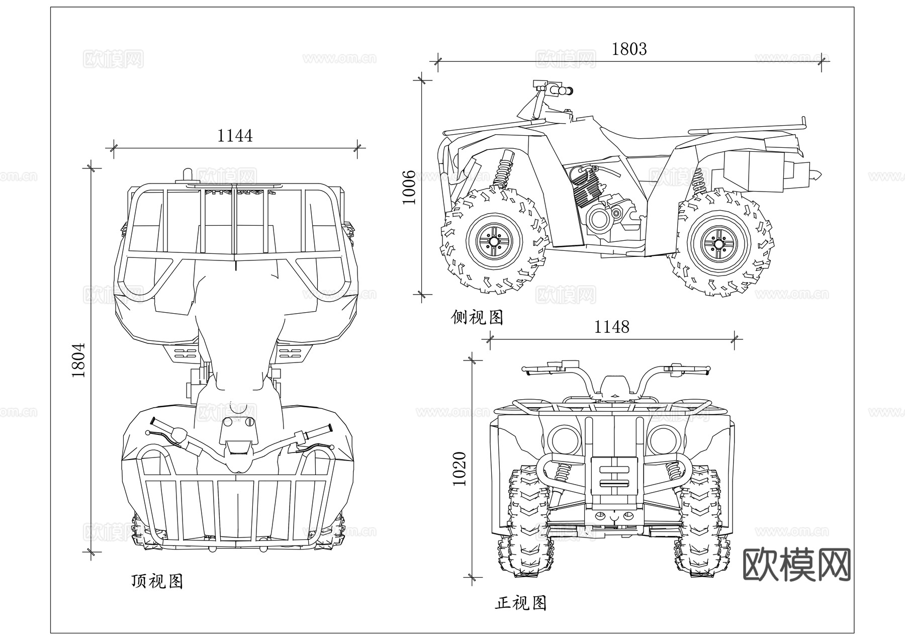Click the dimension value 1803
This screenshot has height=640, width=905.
629,49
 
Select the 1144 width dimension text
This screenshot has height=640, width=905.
235,136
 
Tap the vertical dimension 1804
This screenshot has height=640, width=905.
78,360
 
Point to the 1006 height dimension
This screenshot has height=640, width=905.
409,187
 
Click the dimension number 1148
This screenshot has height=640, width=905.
611,327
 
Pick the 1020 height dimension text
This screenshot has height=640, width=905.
460,469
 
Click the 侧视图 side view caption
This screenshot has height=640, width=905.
477,317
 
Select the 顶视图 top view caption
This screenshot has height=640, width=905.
157,581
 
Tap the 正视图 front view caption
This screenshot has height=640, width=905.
520,603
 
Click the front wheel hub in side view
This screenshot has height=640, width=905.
494,242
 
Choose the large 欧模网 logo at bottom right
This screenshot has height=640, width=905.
797,565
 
